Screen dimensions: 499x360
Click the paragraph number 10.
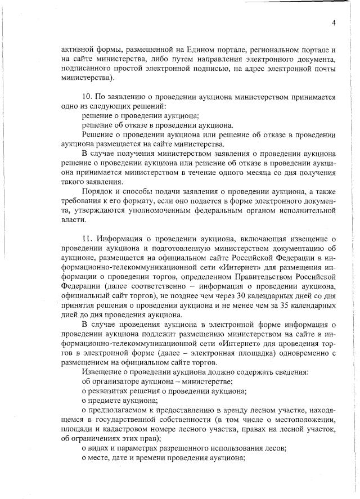[x=87, y=97]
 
